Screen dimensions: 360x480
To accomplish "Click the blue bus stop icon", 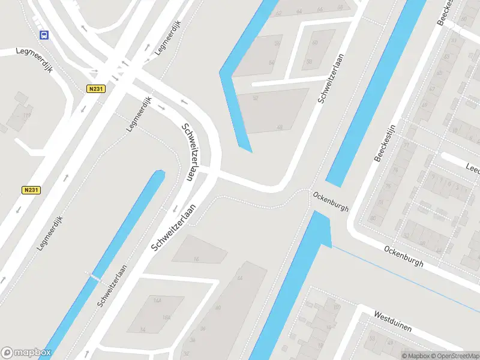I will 44,35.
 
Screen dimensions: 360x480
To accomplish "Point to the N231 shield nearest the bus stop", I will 95,89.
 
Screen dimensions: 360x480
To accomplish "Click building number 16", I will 196,259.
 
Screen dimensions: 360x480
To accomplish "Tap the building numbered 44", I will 240,278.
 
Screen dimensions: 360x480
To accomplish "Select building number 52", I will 255,98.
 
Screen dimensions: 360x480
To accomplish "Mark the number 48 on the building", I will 279,127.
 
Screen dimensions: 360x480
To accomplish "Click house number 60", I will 314,43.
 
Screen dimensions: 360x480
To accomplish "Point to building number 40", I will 218,307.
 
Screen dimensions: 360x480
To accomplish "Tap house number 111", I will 26,115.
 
